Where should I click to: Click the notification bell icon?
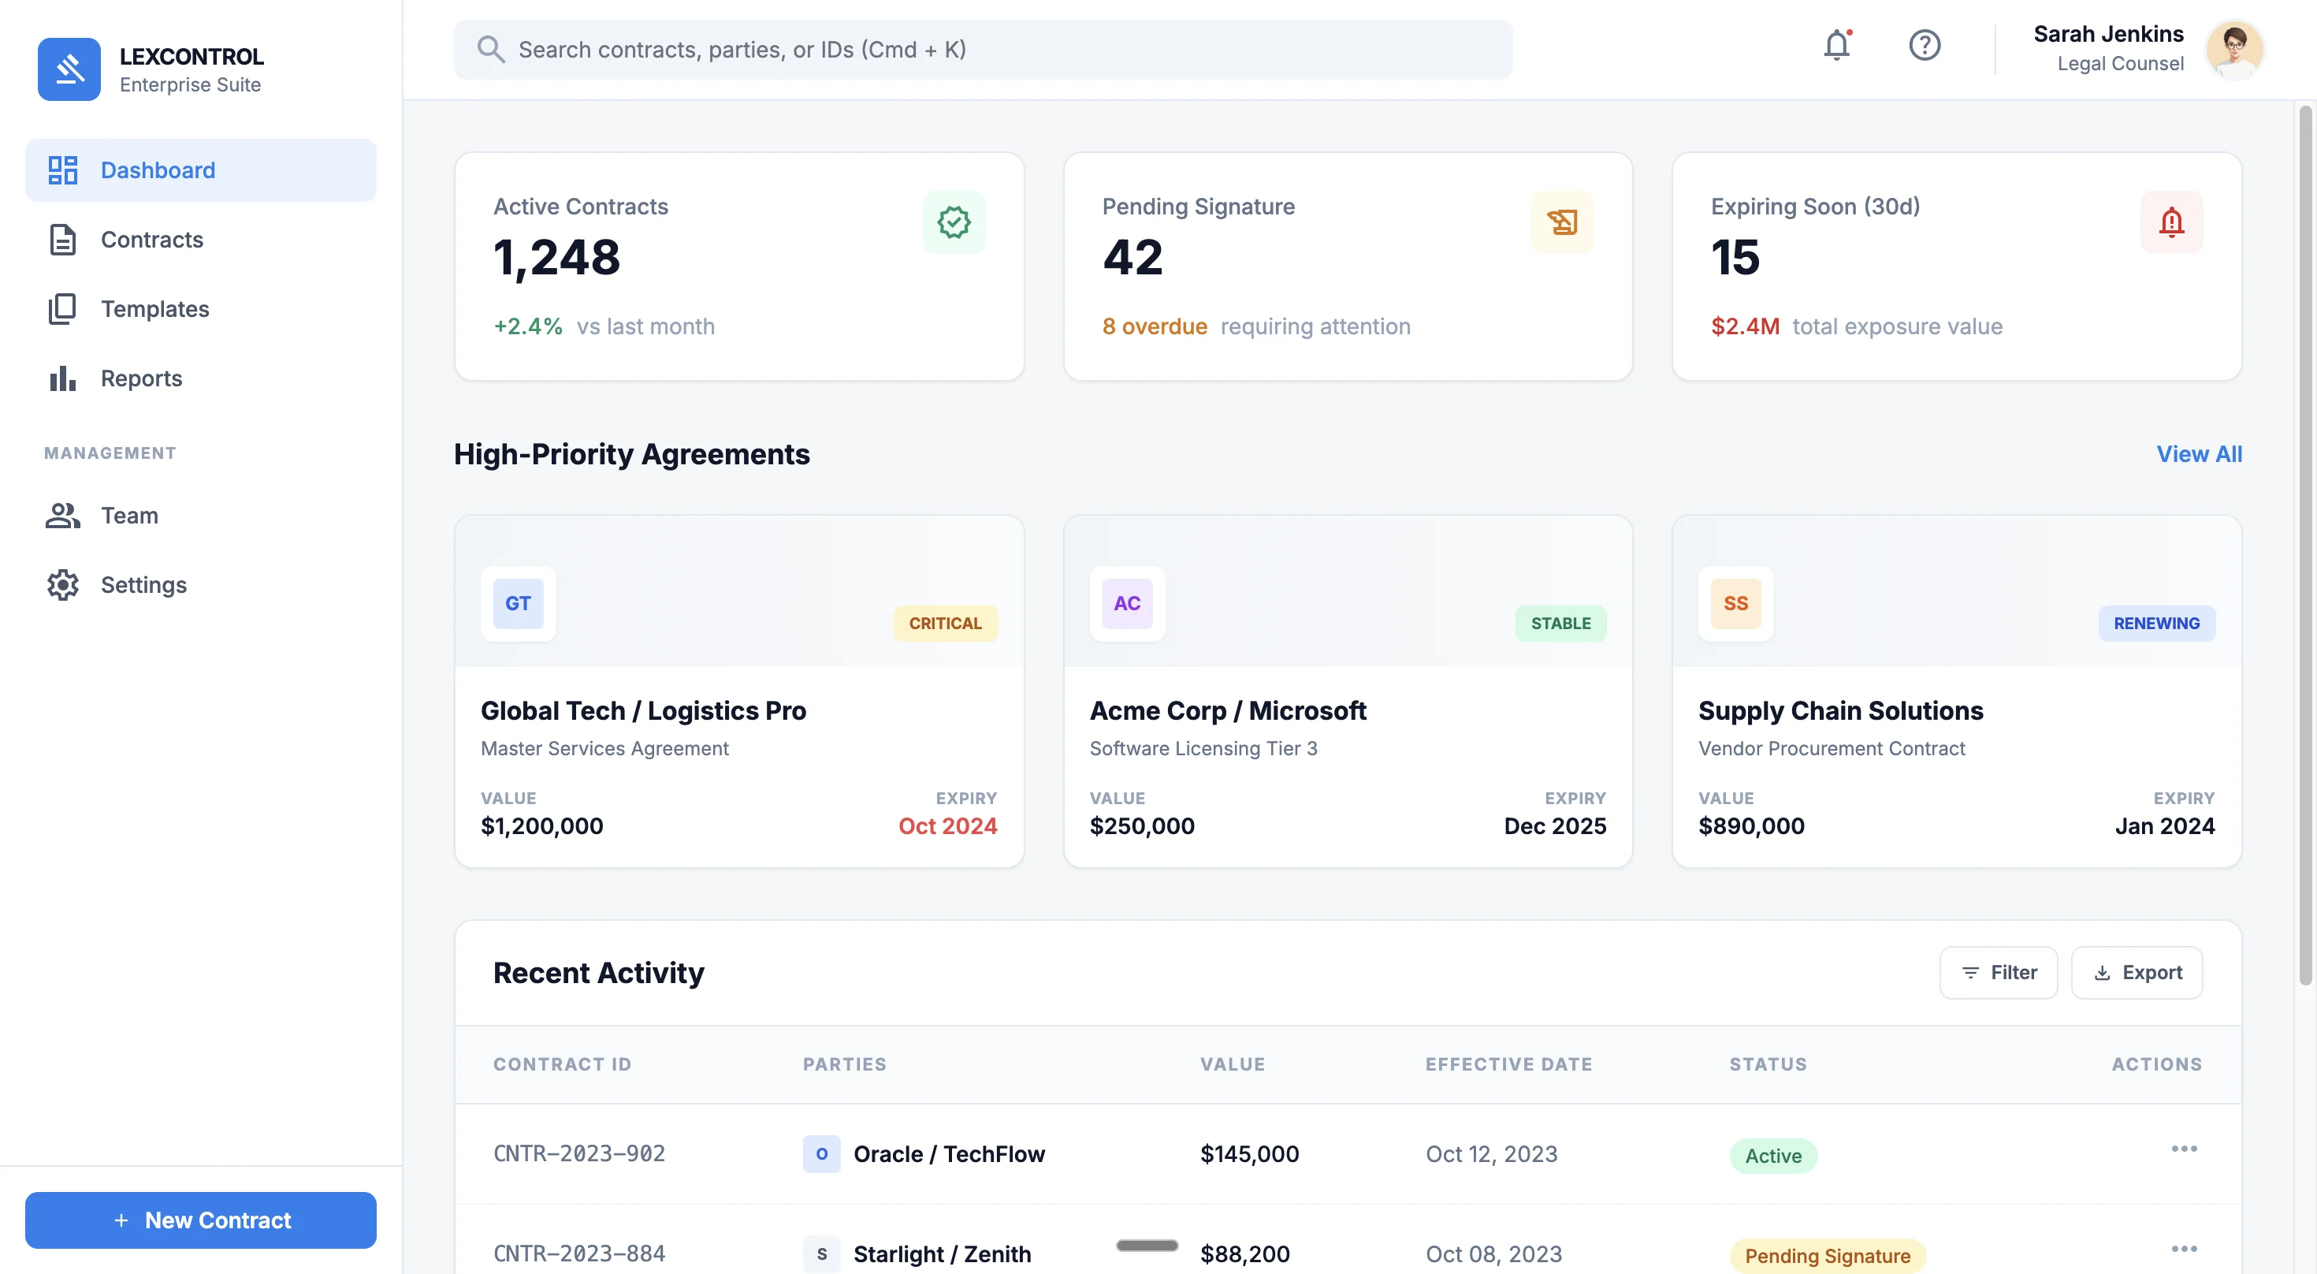click(1835, 45)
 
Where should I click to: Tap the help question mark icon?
click(1924, 45)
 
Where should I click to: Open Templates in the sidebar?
click(154, 308)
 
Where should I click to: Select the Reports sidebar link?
click(141, 378)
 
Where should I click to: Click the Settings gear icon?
click(63, 585)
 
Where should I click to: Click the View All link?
click(2198, 453)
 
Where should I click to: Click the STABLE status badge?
click(1560, 624)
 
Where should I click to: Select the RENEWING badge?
click(2155, 624)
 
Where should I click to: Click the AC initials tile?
click(1126, 604)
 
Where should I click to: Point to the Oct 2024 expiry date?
click(947, 826)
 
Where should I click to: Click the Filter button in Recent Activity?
click(1998, 973)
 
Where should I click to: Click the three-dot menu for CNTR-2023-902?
click(2183, 1149)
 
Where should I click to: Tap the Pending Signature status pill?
click(1827, 1255)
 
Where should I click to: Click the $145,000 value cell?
click(1248, 1153)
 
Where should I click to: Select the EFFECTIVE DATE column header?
click(1508, 1064)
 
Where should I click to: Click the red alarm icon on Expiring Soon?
click(2170, 222)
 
